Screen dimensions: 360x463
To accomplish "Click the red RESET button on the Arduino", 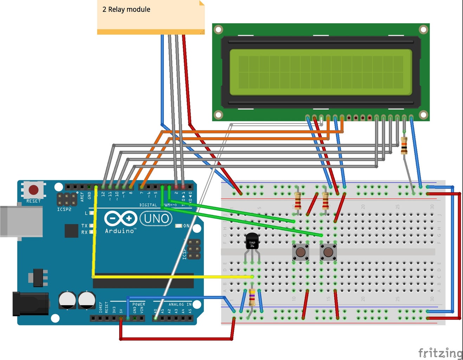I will coord(33,190).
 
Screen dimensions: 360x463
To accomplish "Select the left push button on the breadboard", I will coord(301,252).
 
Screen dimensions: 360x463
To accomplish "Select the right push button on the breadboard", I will coord(328,252).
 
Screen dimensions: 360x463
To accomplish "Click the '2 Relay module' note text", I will coord(126,9).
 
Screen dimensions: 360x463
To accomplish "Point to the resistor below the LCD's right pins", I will coord(404,146).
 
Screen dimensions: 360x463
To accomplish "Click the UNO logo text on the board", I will coord(156,219).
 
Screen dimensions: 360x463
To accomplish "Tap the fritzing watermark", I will coord(440,352).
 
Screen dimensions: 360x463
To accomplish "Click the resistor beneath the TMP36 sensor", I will coord(252,297).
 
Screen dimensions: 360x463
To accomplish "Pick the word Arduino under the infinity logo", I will coord(120,231).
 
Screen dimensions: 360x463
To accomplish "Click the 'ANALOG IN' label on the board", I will coord(180,304).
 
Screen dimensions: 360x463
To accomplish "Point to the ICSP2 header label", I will coord(64,210).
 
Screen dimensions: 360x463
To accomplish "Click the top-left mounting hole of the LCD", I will coord(218,29).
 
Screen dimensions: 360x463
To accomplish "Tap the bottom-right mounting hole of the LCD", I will coord(423,115).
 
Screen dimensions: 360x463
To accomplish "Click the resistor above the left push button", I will coord(298,201).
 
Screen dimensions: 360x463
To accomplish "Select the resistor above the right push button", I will coord(326,201).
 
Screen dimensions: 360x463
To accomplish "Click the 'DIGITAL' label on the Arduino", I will coord(148,205).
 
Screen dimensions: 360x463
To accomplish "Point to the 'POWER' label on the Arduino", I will coord(139,304).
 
